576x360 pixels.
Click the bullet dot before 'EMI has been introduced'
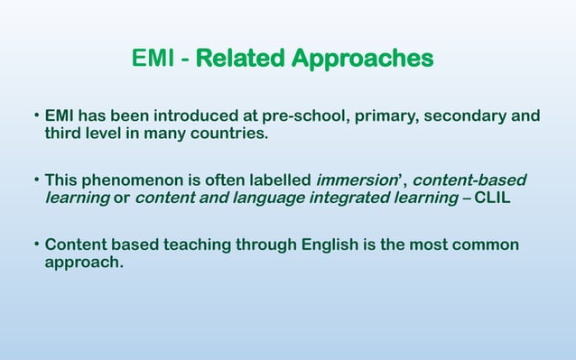[36, 116]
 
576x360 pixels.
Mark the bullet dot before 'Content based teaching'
[36, 245]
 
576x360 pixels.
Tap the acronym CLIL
[490, 197]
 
